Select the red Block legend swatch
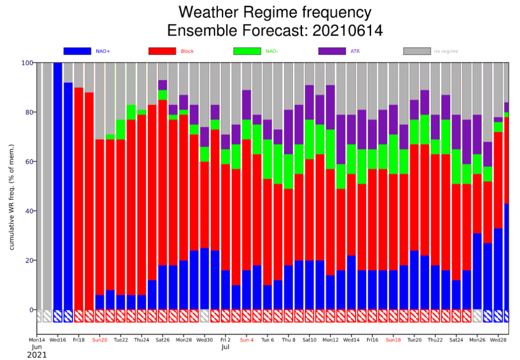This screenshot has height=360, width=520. (x=161, y=51)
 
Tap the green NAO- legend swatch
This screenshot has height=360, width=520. (x=247, y=51)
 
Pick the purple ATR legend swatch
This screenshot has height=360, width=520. (x=332, y=51)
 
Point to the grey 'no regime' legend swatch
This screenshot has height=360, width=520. (x=417, y=51)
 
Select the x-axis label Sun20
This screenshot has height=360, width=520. (x=100, y=340)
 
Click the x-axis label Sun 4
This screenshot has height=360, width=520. (x=247, y=340)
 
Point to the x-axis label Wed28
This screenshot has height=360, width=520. (x=498, y=340)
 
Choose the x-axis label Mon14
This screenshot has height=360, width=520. (x=37, y=340)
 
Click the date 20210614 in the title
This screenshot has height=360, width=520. (x=341, y=31)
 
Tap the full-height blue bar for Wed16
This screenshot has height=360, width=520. (x=58, y=183)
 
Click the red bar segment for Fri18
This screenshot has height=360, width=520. (x=79, y=198)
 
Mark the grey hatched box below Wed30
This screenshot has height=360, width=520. (x=205, y=316)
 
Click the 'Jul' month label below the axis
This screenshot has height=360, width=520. (x=225, y=348)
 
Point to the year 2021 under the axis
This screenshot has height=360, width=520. (x=37, y=355)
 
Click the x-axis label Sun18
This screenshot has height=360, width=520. (x=394, y=340)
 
